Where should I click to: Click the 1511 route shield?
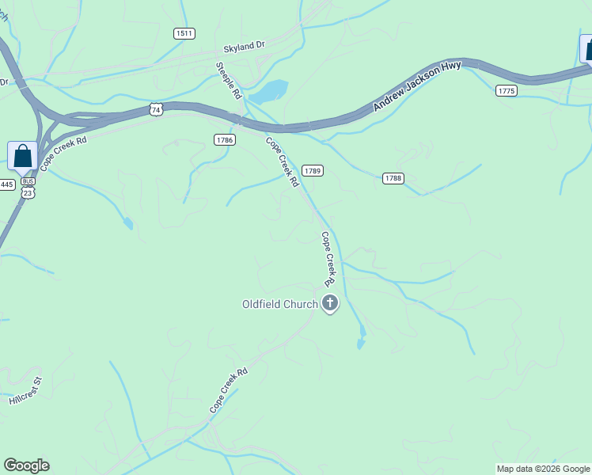tap(184, 33)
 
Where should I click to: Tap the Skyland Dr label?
tap(244, 47)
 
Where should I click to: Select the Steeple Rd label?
tap(229, 81)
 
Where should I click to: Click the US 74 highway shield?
tap(157, 110)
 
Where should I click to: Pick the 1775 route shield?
tap(507, 91)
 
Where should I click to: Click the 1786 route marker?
tap(224, 139)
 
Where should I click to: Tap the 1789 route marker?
tap(313, 170)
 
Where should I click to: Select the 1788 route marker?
tap(393, 178)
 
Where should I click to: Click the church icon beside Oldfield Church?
tap(329, 302)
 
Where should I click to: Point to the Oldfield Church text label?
tap(279, 303)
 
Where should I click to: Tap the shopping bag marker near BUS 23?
tap(22, 156)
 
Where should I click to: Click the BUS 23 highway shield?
tap(28, 187)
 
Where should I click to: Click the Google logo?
tap(26, 465)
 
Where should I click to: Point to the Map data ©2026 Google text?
tap(544, 469)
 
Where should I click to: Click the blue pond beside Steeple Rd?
tap(268, 93)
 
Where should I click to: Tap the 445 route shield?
tap(6, 184)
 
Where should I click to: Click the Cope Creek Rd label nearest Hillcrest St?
tap(229, 389)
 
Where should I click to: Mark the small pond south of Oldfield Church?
tap(361, 343)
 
